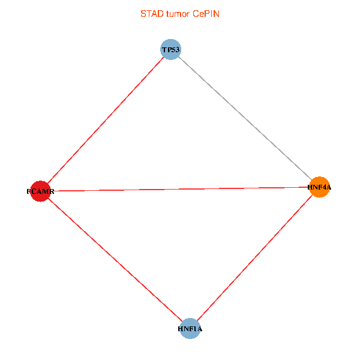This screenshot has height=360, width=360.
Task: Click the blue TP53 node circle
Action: coord(170,49)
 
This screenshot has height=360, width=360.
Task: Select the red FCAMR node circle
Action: coord(40,191)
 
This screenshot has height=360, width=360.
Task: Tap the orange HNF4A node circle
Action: coord(319,187)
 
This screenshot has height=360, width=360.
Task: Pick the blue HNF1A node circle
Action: coord(190,329)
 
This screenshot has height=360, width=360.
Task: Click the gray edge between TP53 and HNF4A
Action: coord(245,118)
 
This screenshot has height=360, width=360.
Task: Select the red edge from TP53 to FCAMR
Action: coord(105,120)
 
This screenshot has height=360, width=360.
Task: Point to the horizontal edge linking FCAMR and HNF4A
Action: coord(180,189)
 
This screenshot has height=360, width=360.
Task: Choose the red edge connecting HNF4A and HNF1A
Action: coord(254,258)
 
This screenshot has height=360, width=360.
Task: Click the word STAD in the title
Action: coord(151,14)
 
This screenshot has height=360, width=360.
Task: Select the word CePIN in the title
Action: coord(206,14)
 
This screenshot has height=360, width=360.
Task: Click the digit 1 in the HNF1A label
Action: coord(195,329)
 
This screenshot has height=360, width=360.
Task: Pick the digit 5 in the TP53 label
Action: coord(173,50)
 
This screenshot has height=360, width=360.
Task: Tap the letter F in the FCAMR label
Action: coord(29,192)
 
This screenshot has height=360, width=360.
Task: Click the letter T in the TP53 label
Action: coord(164,50)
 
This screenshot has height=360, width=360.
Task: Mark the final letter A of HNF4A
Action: coord(328,187)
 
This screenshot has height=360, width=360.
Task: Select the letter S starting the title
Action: coord(143,14)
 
